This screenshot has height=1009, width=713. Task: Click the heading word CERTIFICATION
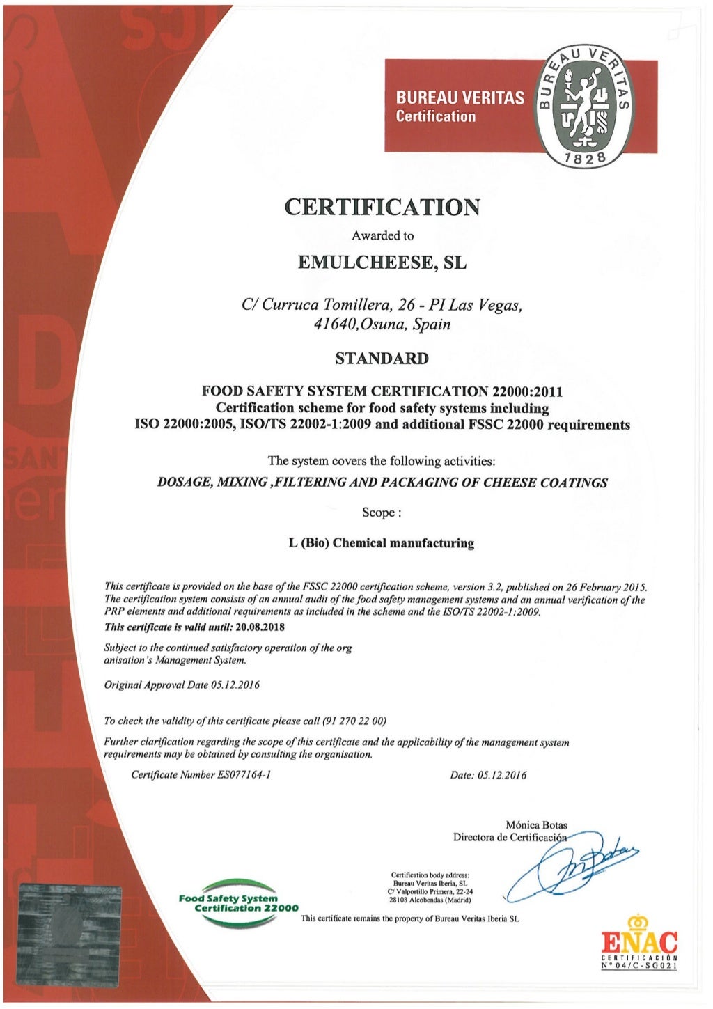[x=382, y=208]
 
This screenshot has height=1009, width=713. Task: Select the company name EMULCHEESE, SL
[x=382, y=263]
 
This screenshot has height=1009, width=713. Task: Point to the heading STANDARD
[x=382, y=359]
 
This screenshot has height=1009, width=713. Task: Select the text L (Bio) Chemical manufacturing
[x=382, y=543]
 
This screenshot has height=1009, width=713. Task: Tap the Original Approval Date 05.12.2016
[x=235, y=685]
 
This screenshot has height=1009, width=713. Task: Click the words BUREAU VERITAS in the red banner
[x=460, y=98]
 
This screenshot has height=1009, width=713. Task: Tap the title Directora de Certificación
[x=510, y=837]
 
